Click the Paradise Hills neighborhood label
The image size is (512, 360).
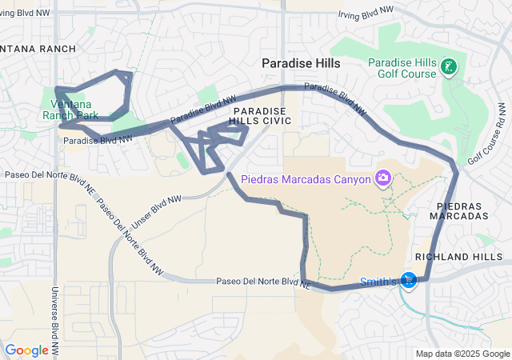(302, 62)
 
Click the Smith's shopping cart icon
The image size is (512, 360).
(409, 281)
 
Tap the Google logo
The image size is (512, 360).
(26, 350)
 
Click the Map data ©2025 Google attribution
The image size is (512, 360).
(462, 354)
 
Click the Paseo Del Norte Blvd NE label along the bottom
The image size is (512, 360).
(262, 282)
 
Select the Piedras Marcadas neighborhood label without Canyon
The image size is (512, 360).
(462, 211)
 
